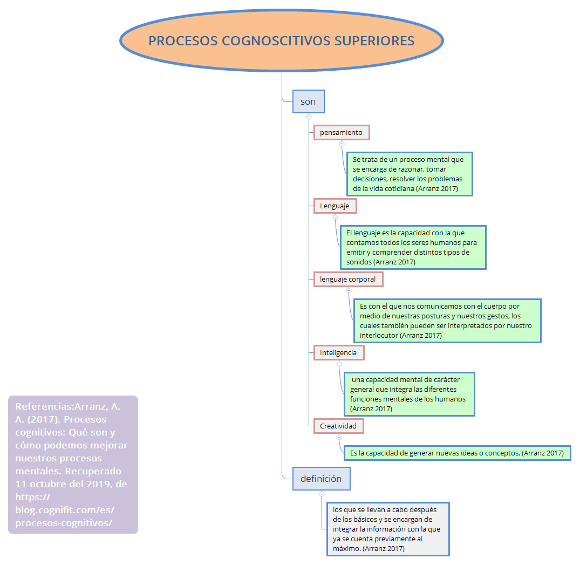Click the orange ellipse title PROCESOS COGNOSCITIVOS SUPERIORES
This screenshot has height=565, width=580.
(281, 41)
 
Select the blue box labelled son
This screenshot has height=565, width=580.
(308, 101)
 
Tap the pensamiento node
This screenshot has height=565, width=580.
(342, 132)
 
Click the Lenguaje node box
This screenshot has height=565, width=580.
(335, 206)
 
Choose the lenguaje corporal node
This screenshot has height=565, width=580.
(348, 279)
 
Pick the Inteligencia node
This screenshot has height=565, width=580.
(338, 352)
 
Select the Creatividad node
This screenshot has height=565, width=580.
(338, 426)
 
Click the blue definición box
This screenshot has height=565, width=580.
(321, 478)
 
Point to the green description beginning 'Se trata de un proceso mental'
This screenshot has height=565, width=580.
(409, 174)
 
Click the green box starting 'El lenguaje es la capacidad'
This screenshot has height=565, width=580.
(413, 247)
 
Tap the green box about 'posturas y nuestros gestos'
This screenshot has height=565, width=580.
(447, 321)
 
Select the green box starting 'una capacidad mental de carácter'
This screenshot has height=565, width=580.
(409, 394)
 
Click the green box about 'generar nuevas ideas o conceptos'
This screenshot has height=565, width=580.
(456, 453)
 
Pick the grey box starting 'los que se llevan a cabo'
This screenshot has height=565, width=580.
(387, 529)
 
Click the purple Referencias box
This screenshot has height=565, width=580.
(73, 465)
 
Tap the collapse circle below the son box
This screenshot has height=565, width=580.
(309, 117)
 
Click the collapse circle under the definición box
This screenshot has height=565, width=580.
(322, 493)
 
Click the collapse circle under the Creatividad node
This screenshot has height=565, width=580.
(339, 437)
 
